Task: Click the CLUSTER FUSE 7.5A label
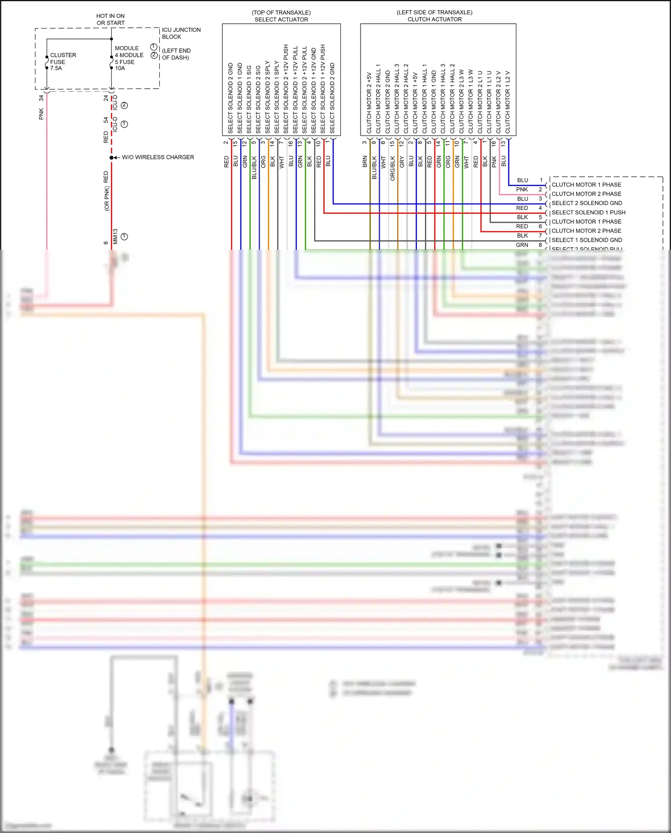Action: pyautogui.click(x=63, y=62)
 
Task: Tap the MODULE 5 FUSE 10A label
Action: pyautogui.click(x=129, y=58)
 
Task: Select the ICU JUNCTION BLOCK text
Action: pyautogui.click(x=181, y=33)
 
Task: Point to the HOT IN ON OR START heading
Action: pyautogui.click(x=110, y=19)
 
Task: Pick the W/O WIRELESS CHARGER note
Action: pyautogui.click(x=157, y=157)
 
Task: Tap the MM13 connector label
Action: pyautogui.click(x=115, y=236)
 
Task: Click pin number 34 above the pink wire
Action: pyautogui.click(x=41, y=98)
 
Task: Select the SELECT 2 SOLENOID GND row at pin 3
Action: pyautogui.click(x=586, y=203)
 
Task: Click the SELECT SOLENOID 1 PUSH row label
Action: pyautogui.click(x=588, y=213)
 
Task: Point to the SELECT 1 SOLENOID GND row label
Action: pyautogui.click(x=586, y=240)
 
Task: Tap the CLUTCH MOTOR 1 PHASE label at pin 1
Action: pyautogui.click(x=586, y=185)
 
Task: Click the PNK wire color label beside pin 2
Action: pyautogui.click(x=522, y=190)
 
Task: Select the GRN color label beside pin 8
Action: pyautogui.click(x=522, y=245)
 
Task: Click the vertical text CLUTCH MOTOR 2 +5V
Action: pyautogui.click(x=369, y=103)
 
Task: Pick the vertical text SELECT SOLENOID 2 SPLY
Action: pyautogui.click(x=268, y=97)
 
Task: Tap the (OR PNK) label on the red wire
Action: pyautogui.click(x=106, y=198)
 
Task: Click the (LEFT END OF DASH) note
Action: pyautogui.click(x=176, y=54)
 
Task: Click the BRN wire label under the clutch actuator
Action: pyautogui.click(x=365, y=162)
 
